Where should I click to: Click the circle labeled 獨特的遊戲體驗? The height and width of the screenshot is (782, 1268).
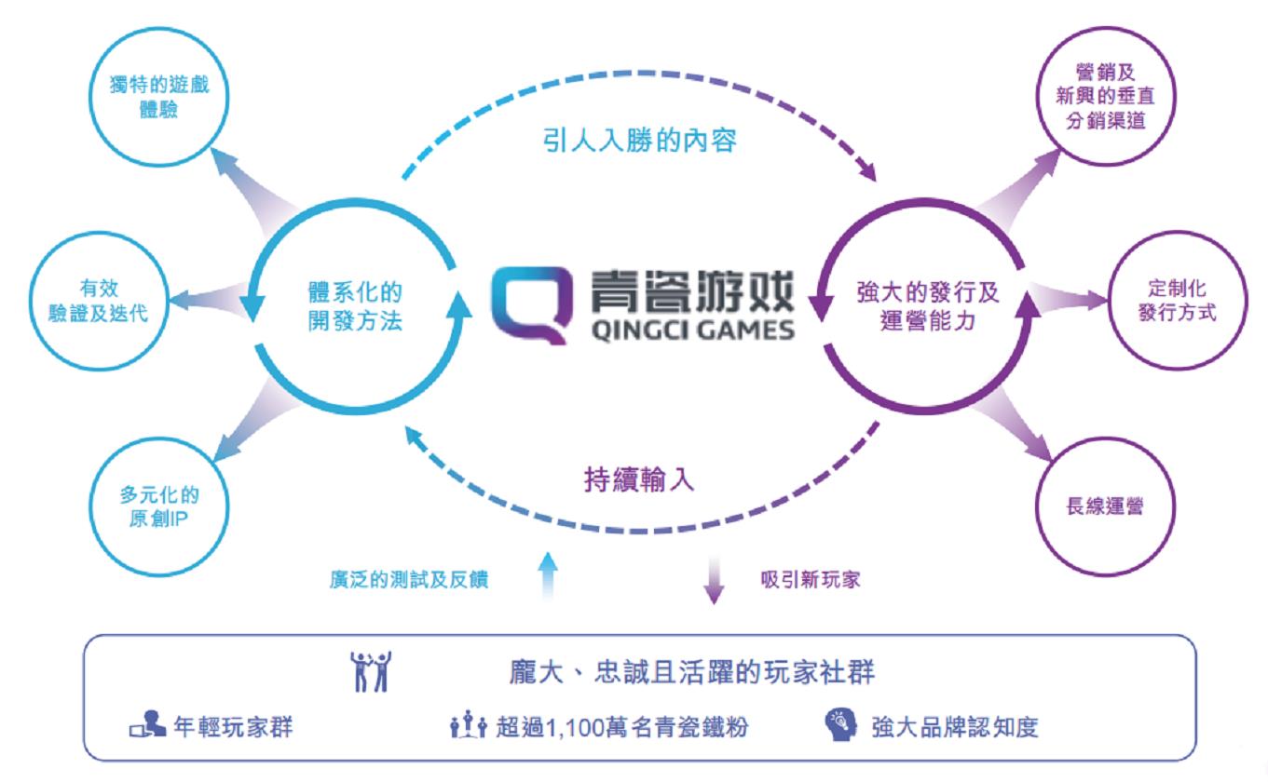(x=159, y=30)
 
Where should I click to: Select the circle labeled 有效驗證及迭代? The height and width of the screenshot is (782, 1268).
(x=99, y=234)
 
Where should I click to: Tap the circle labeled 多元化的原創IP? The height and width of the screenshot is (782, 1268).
(x=159, y=440)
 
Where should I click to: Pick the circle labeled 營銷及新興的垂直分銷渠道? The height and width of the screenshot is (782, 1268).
(x=1106, y=29)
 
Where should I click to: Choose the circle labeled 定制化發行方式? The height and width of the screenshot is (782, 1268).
(x=1177, y=233)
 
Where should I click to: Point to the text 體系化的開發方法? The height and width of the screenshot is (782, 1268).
(x=355, y=306)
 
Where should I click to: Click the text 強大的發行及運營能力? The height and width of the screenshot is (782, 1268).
(x=927, y=306)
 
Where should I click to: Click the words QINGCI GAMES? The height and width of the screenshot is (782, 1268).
(x=693, y=330)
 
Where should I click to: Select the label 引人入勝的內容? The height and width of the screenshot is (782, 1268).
(x=640, y=141)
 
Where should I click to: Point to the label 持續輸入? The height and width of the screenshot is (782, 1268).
(x=639, y=480)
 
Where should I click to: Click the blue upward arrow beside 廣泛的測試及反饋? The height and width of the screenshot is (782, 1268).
(x=548, y=574)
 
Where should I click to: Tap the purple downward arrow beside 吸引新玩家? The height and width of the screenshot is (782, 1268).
(x=715, y=580)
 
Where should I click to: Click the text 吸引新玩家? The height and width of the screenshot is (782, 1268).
(x=811, y=580)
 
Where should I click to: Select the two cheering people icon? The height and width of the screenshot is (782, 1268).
(x=371, y=672)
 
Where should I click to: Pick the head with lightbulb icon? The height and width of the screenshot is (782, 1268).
(x=840, y=724)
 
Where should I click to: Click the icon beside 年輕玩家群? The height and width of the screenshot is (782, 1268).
(x=147, y=724)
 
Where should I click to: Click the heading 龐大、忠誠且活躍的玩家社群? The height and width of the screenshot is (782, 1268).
(x=691, y=672)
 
